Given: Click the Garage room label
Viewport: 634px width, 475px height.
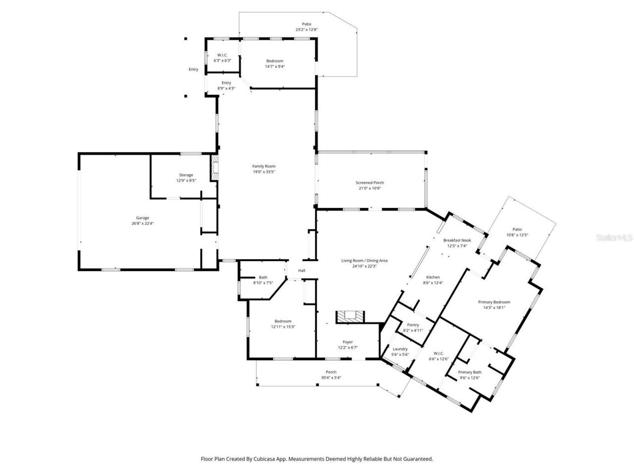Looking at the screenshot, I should point(143,218).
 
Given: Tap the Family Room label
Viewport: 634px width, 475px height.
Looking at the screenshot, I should point(264,166).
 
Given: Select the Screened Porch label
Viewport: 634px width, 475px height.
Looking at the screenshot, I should point(370,183).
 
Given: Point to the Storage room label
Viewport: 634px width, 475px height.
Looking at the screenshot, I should point(186,175).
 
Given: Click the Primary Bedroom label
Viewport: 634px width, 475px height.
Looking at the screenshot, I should point(494,302).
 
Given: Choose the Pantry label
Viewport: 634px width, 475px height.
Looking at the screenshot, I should point(413,325).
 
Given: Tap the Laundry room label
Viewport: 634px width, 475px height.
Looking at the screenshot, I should point(400,349).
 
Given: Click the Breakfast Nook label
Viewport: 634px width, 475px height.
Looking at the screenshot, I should point(457,240).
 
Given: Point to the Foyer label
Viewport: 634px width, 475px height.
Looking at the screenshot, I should point(348,342).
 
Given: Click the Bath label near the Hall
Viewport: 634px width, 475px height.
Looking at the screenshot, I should point(263,277).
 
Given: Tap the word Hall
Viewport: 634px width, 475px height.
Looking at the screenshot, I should point(301,271).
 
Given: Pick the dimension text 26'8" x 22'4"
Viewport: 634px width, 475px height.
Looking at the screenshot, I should point(143,224).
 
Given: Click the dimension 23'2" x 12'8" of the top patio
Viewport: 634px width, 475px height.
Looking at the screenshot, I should point(306,30).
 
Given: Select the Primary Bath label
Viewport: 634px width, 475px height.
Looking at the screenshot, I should point(470,372).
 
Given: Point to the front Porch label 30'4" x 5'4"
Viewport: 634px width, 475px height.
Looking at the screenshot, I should point(331,375).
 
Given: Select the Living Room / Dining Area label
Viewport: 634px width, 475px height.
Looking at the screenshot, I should point(364,260).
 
